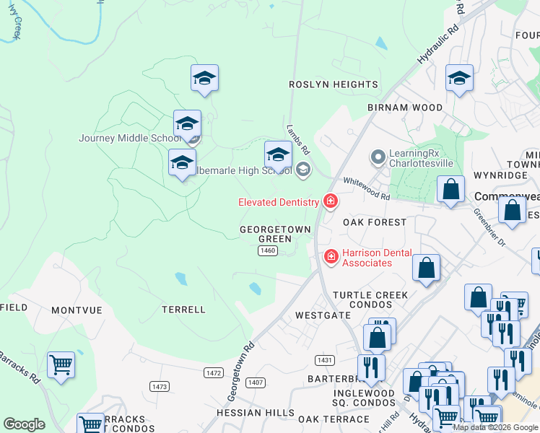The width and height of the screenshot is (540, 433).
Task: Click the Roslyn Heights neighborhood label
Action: (334, 84)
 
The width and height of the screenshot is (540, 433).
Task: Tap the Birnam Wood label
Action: (404, 108)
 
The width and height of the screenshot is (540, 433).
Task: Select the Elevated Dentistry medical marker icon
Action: (331, 201)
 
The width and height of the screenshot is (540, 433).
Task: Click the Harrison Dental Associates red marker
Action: (331, 256)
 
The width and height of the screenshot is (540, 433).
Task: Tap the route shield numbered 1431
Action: (325, 359)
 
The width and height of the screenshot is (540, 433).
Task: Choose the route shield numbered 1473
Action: (160, 387)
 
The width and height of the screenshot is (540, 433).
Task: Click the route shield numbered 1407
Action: (254, 382)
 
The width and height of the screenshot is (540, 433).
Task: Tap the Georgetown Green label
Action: (275, 234)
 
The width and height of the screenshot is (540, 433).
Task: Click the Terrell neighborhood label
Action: (184, 310)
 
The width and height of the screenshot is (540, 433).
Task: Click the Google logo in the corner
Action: (24, 424)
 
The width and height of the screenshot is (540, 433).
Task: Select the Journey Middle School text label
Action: (129, 139)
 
